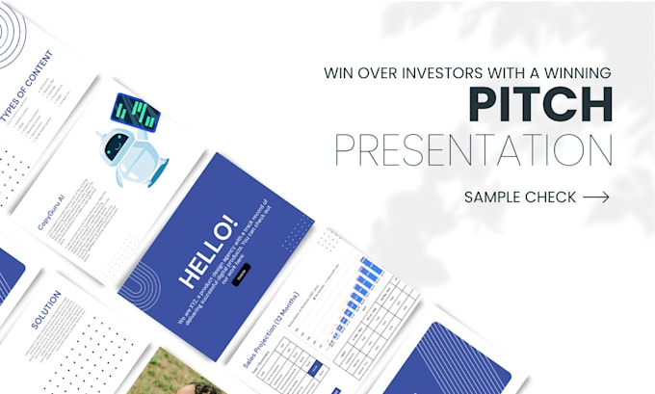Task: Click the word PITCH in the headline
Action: [x=541, y=106]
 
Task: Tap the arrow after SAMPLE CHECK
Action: [x=596, y=197]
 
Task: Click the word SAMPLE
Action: [x=494, y=197]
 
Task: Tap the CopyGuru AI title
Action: [x=51, y=212]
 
